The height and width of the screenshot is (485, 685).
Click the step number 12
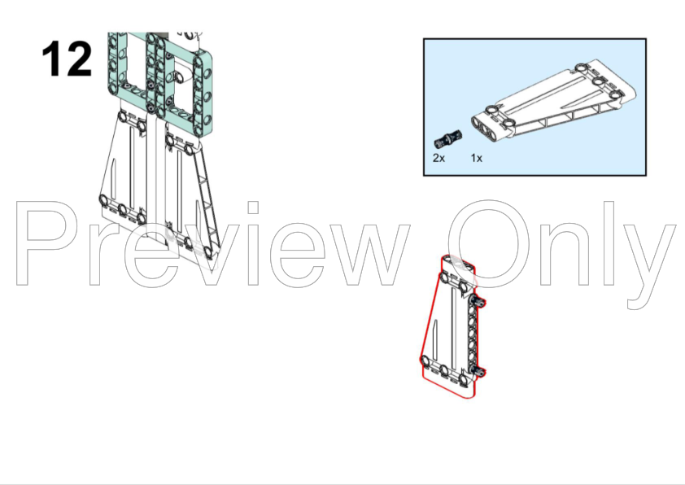coord(67,59)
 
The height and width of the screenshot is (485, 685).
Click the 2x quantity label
coord(438,158)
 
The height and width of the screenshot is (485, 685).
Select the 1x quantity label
coord(477,158)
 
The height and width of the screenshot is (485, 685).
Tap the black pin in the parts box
coord(448,138)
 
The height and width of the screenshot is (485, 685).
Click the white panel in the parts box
coord(553,100)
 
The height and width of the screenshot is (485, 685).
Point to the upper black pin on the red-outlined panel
coord(478,301)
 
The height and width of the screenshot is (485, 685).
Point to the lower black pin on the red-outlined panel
coord(478,371)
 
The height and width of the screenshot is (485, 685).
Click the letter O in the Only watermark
coord(488,243)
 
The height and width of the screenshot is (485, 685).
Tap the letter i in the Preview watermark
coord(253,243)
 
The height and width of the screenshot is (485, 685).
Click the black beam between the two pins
coord(473,336)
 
